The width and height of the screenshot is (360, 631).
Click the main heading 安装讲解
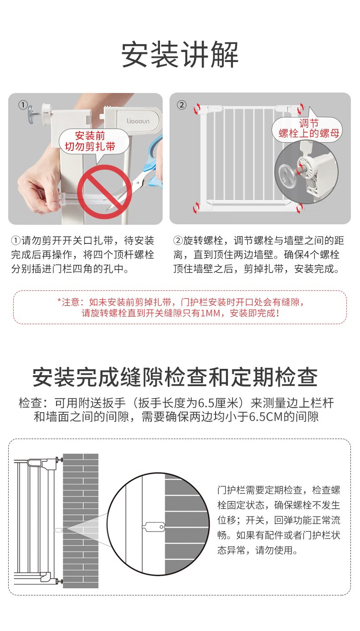[180, 54]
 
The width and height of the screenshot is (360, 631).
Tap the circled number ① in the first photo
[23, 105]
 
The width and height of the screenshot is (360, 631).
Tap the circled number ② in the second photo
[181, 105]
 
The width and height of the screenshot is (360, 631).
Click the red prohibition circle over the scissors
[105, 192]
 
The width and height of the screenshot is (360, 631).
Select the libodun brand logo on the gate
[138, 121]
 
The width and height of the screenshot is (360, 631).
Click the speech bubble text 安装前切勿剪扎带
[90, 141]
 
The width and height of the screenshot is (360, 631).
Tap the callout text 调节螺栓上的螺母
[309, 128]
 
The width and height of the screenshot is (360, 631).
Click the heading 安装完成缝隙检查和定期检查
[175, 377]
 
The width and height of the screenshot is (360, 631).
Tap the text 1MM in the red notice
[210, 313]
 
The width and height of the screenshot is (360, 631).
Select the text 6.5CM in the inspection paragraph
[266, 416]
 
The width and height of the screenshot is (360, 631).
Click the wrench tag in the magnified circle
[154, 527]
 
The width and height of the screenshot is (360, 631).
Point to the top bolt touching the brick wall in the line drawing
[59, 460]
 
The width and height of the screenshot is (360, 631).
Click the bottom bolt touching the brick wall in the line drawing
[59, 581]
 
